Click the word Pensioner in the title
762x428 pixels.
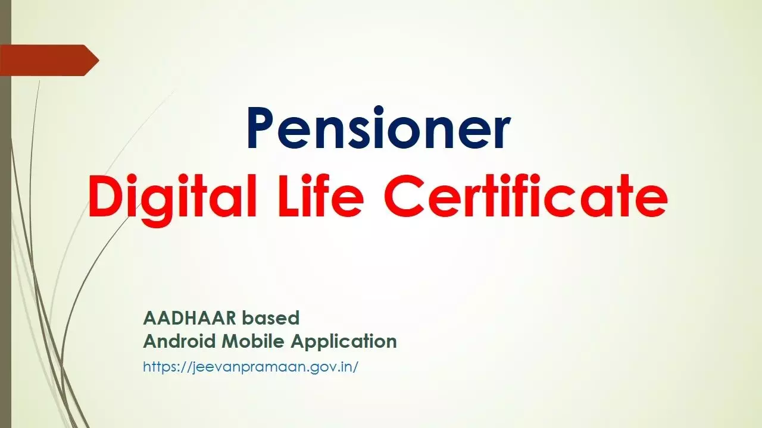coord(378,128)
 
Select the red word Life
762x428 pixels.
coord(321,196)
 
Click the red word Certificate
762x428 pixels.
coord(526,196)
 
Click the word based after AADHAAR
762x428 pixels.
coord(270,318)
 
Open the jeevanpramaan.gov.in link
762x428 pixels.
coord(251,367)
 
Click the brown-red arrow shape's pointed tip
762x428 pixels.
coord(99,61)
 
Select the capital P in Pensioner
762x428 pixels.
coord(261,128)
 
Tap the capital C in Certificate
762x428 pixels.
coord(404,196)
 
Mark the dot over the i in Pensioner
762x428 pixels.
coord(379,111)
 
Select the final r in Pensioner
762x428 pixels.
coord(499,133)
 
